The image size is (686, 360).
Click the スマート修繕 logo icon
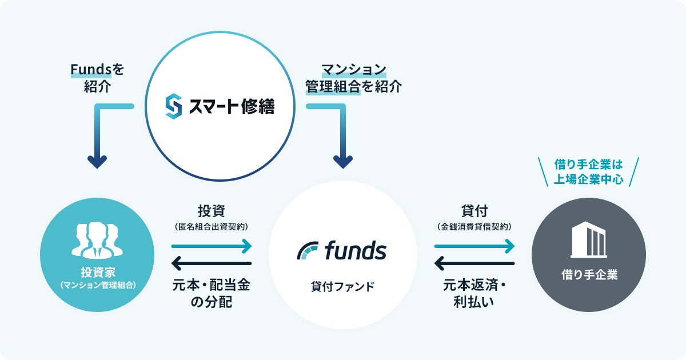click(x=173, y=107)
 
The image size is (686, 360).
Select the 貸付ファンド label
click(x=342, y=286)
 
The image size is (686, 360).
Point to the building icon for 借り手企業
click(x=588, y=241)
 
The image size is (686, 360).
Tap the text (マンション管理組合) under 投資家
click(x=97, y=284)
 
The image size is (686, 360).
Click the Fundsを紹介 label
click(x=97, y=78)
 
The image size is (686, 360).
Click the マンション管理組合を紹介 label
click(x=353, y=78)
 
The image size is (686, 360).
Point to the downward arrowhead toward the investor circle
click(x=97, y=162)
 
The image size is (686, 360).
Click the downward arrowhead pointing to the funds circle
click(x=342, y=162)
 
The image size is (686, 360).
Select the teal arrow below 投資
click(x=212, y=246)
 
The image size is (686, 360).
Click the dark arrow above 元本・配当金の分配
click(x=212, y=263)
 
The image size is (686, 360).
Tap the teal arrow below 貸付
click(x=474, y=246)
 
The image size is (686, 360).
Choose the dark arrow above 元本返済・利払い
click(x=474, y=263)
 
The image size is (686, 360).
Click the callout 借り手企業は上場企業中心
click(x=588, y=172)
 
